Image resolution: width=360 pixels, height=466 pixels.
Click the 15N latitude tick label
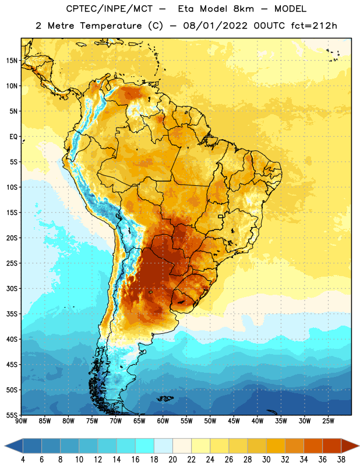coord(12,61)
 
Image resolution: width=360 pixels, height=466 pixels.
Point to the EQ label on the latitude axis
coord(13,137)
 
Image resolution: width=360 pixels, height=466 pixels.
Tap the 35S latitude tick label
coord(12,314)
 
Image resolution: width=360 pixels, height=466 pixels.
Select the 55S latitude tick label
coord(12,415)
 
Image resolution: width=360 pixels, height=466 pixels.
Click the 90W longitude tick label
coord(21,421)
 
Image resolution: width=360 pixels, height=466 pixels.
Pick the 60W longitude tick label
coord(163,421)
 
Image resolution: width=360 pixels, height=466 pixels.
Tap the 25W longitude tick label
coord(328,421)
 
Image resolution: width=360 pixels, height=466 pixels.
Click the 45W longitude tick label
coord(234,421)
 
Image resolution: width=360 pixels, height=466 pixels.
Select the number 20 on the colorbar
coord(172,460)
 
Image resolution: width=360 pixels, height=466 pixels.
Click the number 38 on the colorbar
coord(341,460)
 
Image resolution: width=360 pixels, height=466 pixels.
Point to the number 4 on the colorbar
coord(23,460)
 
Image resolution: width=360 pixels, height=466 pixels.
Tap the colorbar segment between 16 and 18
coord(145,446)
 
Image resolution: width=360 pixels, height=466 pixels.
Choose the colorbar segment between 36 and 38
coord(332,446)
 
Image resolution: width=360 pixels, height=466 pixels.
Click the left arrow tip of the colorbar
coord(5,446)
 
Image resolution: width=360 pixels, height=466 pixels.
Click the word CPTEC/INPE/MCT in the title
coord(109,9)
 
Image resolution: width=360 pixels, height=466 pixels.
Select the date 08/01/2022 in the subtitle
coord(215,26)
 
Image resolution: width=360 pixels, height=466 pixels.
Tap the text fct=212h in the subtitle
coord(314,26)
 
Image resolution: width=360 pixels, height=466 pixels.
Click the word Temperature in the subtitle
coord(111,26)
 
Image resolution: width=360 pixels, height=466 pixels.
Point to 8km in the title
coord(243,9)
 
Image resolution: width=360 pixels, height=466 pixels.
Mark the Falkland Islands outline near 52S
coord(165,398)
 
